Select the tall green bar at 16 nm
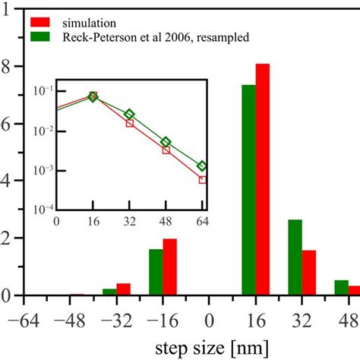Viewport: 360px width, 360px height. coord(248,190)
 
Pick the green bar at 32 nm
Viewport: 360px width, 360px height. coord(295,257)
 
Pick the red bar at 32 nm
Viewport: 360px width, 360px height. coord(308,273)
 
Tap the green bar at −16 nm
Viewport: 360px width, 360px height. coord(156,272)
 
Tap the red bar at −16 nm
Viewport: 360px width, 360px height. coord(169,267)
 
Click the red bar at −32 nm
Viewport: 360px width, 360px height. coord(123,289)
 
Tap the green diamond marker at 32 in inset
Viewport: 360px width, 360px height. coord(130,114)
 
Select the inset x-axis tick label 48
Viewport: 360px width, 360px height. coord(166,222)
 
